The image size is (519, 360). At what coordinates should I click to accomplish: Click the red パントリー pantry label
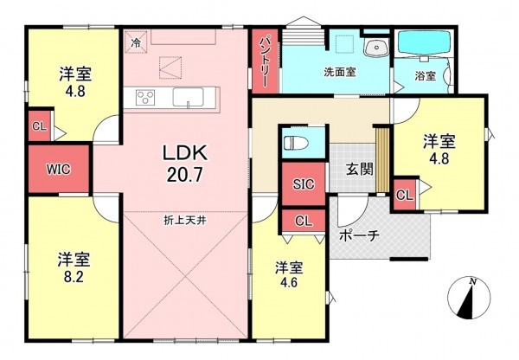point(264,61)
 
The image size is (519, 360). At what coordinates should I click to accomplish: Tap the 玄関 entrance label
point(360,169)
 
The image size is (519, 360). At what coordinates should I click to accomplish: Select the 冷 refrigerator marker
point(136,41)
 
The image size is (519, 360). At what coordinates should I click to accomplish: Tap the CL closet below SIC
point(303,221)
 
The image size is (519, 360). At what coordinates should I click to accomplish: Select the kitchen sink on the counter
point(188,96)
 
